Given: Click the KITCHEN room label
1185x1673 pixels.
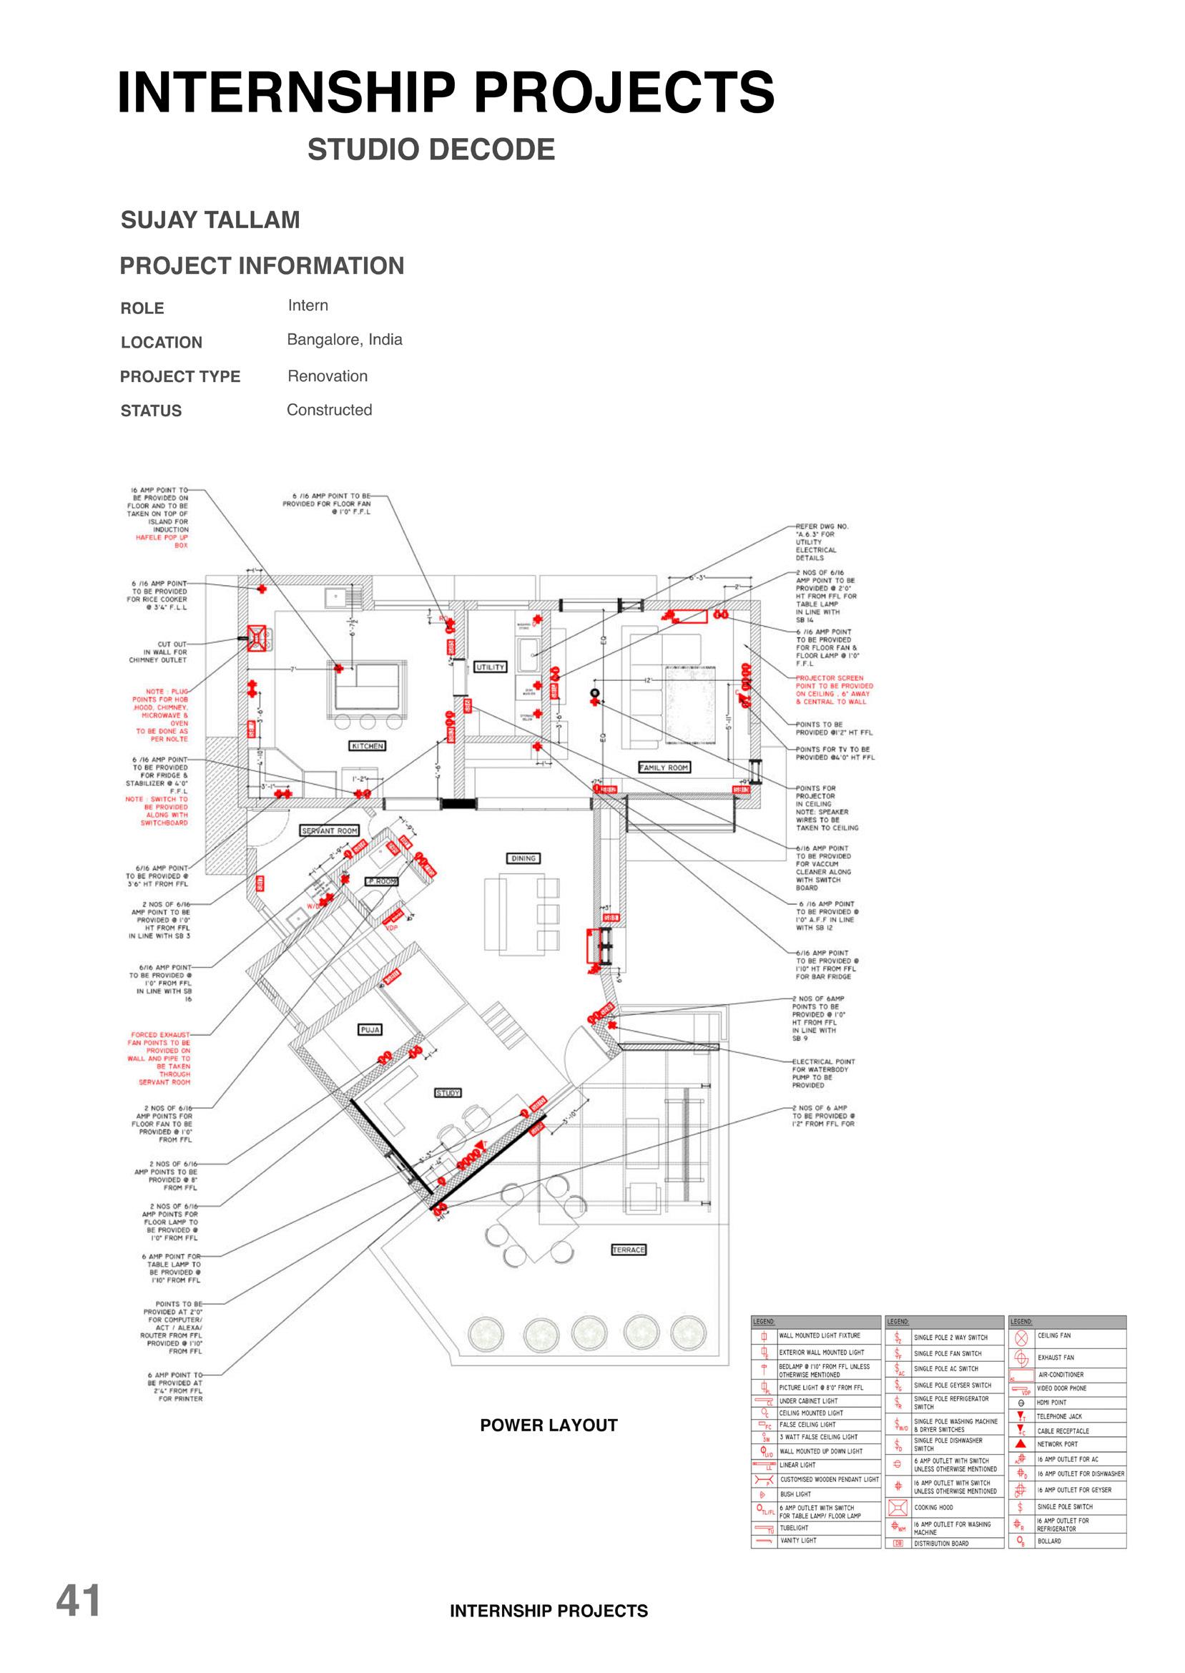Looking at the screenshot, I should point(368,746).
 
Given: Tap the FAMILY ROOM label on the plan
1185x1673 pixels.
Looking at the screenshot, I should point(664,767).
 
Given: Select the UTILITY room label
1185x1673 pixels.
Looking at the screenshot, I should point(491,667).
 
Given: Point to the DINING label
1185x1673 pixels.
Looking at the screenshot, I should point(523,858).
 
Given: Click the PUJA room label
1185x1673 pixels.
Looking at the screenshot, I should point(370,1029).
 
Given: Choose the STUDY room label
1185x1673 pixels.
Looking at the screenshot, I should point(448,1093).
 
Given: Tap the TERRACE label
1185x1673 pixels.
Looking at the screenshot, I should point(628,1250).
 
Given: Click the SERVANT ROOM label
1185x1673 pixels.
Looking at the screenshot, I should point(330,830).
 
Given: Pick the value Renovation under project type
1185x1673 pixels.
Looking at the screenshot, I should point(328,376).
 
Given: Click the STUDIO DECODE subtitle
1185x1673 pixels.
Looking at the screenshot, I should point(431,149).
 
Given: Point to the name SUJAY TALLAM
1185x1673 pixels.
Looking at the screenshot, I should point(210,220).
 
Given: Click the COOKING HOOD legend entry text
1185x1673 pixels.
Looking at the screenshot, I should point(933,1507).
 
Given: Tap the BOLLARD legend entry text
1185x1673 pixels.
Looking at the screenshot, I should point(1049,1541).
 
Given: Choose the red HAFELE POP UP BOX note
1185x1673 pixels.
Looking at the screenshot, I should point(162,541).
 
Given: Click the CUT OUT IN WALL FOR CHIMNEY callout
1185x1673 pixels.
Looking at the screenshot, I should point(159,652).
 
